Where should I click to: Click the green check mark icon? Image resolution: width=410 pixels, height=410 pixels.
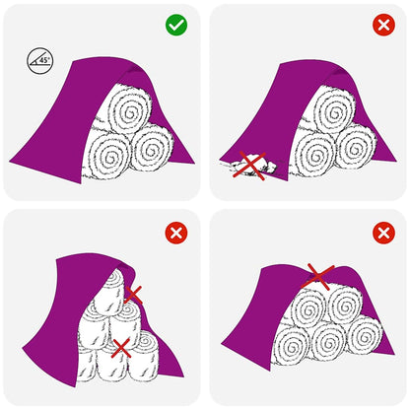click(178, 25)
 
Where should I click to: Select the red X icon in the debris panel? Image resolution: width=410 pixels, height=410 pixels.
click(383, 25)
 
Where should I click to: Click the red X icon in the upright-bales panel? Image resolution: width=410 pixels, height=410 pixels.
click(178, 232)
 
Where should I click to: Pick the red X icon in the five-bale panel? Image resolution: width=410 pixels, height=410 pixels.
click(383, 232)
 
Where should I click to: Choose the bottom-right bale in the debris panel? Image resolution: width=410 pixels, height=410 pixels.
click(355, 150)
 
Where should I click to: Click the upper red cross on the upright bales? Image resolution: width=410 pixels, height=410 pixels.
click(133, 294)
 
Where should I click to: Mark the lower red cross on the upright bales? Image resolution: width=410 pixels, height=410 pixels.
click(120, 346)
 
